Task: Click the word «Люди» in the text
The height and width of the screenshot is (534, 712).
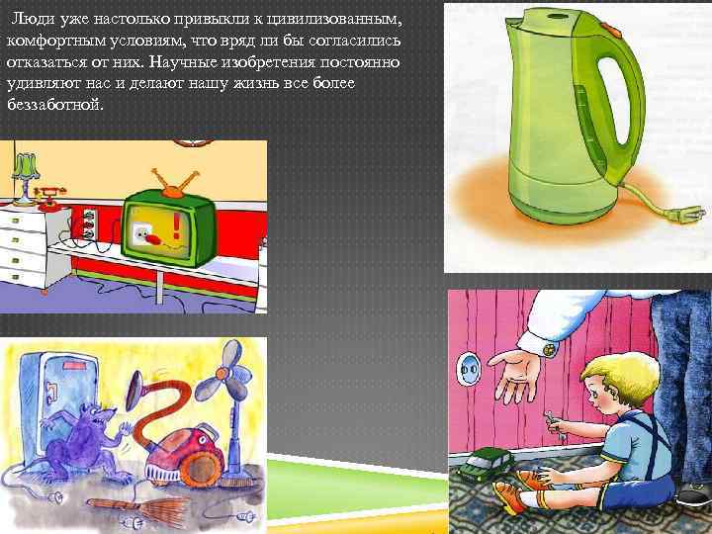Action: [28, 19]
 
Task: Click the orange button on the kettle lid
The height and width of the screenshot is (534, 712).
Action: [609, 29]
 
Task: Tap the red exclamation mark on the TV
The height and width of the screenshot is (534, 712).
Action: [176, 225]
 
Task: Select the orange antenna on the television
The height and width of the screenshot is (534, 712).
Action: [174, 183]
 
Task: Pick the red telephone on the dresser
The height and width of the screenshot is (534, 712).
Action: [50, 198]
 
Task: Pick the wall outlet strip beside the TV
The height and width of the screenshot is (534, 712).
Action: [89, 222]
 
